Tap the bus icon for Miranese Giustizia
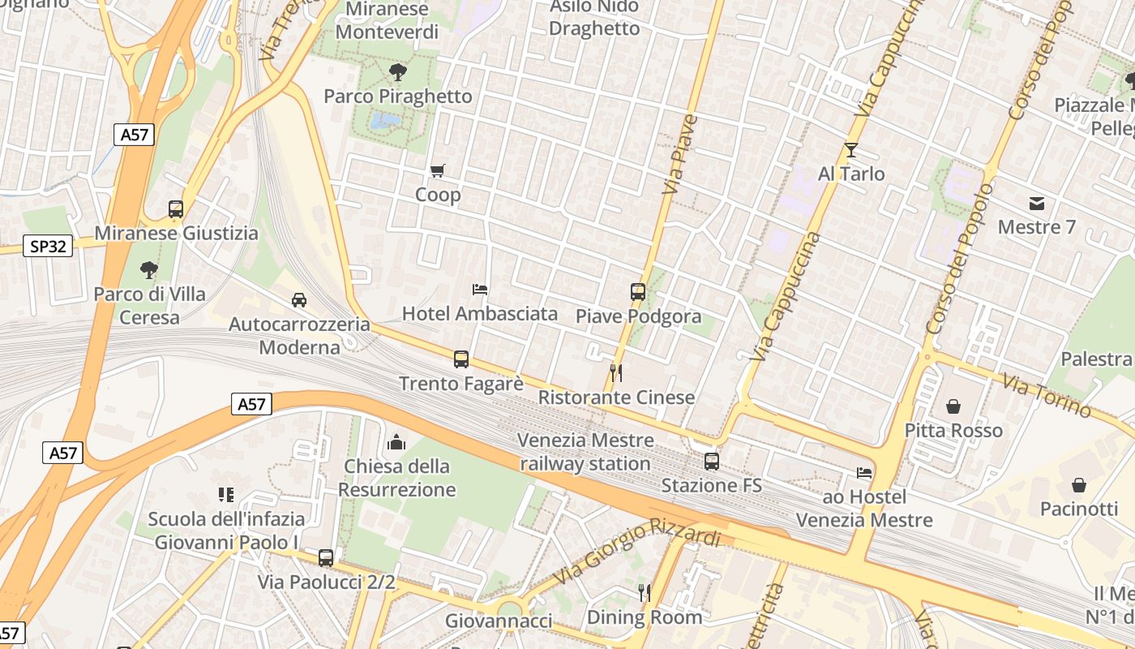(x=176, y=208)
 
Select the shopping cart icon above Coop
(x=438, y=170)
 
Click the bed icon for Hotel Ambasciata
(x=480, y=289)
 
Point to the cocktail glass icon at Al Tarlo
(x=850, y=150)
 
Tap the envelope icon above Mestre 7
(x=1037, y=203)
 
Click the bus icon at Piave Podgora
(x=638, y=292)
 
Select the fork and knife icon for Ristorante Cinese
(x=616, y=373)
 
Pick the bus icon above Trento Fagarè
(x=461, y=359)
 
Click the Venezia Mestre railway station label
(x=585, y=452)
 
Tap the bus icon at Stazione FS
(x=712, y=461)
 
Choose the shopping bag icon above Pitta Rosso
(x=953, y=406)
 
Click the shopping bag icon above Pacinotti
(x=1079, y=485)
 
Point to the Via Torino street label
(x=1046, y=396)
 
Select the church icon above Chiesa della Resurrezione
(x=396, y=442)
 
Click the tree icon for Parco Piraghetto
(x=397, y=72)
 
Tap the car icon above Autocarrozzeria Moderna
(x=299, y=300)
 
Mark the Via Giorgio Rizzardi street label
(x=637, y=552)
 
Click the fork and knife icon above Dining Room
(x=645, y=593)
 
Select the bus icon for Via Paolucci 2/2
(x=326, y=558)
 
